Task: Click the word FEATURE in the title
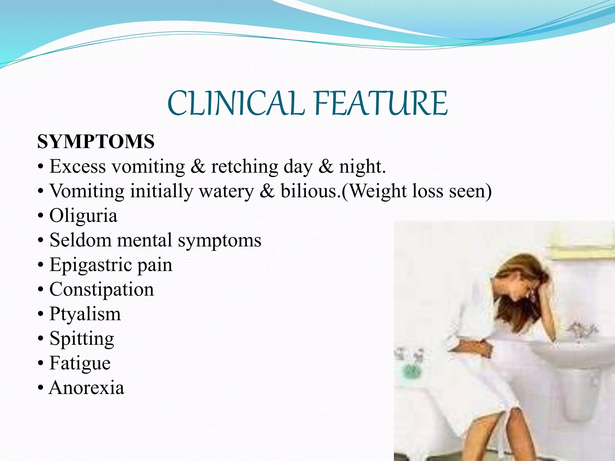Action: click(x=381, y=103)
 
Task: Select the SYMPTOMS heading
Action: click(x=96, y=142)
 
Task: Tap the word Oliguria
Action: click(x=83, y=216)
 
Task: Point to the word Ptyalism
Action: click(x=85, y=314)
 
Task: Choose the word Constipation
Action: click(x=101, y=290)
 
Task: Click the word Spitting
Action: click(x=82, y=339)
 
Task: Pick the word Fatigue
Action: click(x=80, y=363)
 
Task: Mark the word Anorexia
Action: click(x=86, y=388)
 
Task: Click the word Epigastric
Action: click(x=91, y=265)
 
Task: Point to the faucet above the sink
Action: click(x=581, y=330)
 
